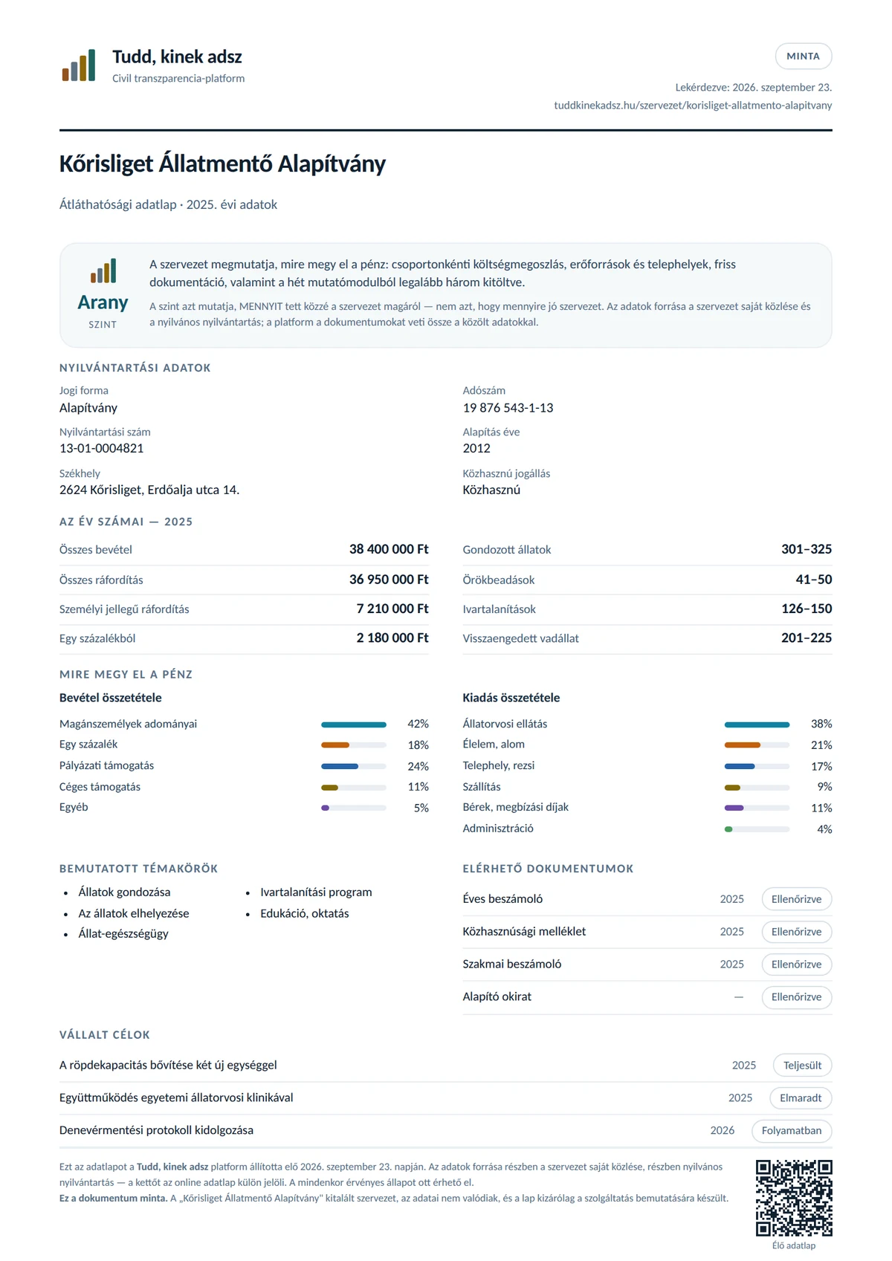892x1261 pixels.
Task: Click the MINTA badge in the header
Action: coord(803,56)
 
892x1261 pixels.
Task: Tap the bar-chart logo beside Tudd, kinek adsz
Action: coord(79,65)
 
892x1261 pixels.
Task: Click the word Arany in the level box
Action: coord(103,302)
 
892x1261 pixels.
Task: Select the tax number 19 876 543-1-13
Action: coord(508,407)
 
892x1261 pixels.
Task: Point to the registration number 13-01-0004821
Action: coord(101,448)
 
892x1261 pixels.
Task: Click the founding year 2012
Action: coord(476,448)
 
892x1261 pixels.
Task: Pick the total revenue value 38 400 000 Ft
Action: coord(389,549)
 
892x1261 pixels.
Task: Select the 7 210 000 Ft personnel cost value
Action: coord(392,609)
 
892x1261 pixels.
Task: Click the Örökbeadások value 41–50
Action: coord(814,580)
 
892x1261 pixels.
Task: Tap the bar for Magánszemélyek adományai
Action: coord(354,724)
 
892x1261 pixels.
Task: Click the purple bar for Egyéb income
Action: coord(325,808)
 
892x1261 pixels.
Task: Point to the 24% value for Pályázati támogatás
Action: coord(418,766)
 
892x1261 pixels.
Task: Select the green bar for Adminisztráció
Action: coord(728,829)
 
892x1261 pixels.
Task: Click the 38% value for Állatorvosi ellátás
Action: coord(821,724)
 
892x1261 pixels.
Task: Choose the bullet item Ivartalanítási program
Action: coord(316,892)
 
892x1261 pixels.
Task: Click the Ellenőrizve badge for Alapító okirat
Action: coord(796,997)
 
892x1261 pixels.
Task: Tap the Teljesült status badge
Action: coord(802,1065)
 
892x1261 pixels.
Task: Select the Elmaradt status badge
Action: coord(801,1098)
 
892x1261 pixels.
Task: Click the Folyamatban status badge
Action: coord(791,1130)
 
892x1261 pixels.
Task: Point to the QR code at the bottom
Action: coord(793,1198)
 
